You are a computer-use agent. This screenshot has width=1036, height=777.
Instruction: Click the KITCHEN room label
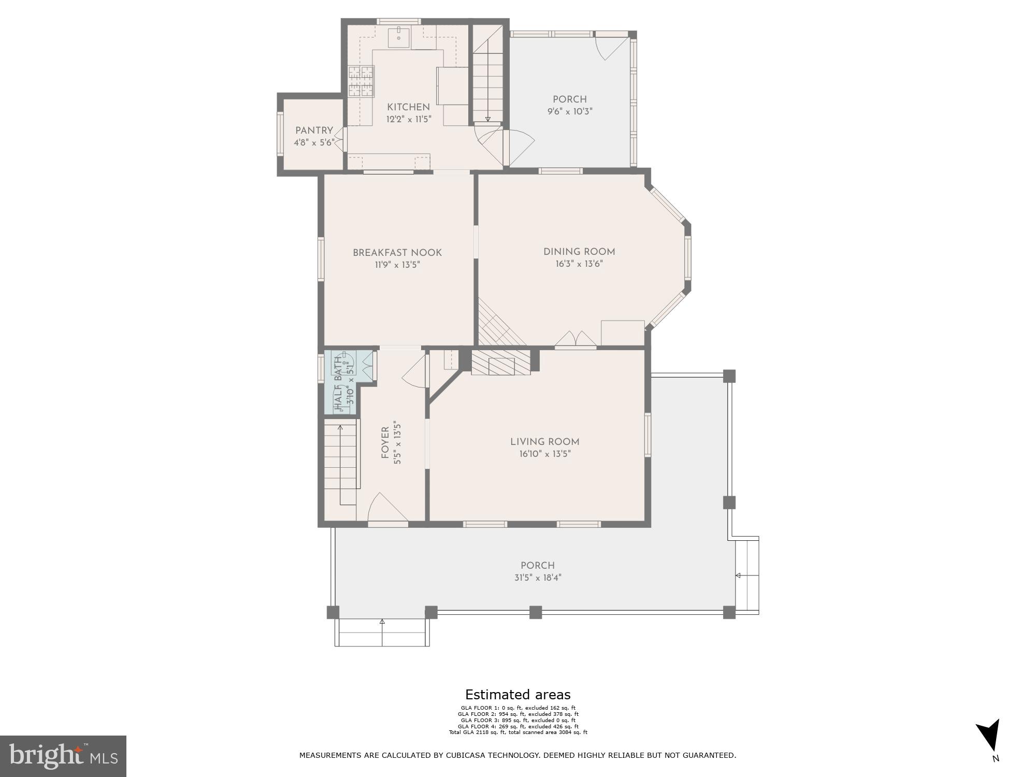(x=408, y=107)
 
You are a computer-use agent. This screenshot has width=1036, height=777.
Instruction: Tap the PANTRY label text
(x=314, y=131)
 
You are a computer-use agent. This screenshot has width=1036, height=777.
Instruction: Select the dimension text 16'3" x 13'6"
(x=579, y=264)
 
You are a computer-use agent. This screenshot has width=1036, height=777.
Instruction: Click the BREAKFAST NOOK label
(x=397, y=253)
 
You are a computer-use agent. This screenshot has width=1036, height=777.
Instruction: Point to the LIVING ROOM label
(x=544, y=442)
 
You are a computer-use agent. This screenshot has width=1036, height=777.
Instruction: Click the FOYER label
(x=385, y=442)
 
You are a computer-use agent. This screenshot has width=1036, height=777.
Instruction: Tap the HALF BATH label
(x=339, y=383)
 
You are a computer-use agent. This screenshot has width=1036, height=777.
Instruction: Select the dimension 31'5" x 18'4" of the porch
(x=538, y=578)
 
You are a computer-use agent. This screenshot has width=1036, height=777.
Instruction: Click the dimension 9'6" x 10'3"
(x=569, y=111)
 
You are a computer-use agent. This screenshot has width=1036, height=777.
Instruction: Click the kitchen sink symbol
(x=399, y=38)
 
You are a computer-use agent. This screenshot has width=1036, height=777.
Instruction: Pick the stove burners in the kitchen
(x=361, y=81)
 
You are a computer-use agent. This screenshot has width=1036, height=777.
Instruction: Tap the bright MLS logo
(x=63, y=756)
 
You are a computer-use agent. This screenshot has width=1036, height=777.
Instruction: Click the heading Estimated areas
(x=517, y=695)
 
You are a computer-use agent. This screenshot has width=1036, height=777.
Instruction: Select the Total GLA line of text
(x=517, y=732)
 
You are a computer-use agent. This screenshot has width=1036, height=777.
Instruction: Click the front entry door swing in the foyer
(x=386, y=509)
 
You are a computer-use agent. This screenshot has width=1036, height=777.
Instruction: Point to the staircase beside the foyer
(x=341, y=461)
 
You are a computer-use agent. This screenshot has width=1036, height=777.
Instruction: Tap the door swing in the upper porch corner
(x=609, y=47)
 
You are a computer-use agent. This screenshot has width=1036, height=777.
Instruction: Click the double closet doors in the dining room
(x=575, y=339)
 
